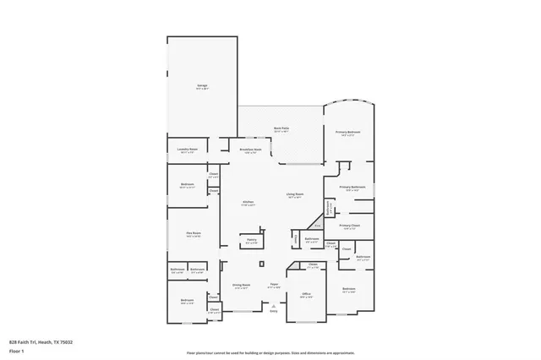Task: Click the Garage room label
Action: pos(203,85)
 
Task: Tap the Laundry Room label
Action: pos(188,150)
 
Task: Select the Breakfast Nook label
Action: pos(251,150)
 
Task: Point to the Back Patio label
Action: pos(281,129)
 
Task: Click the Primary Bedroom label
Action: pos(348,132)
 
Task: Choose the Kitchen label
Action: pos(248,202)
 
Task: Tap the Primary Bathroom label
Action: pos(352,187)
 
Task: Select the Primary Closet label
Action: pos(350,225)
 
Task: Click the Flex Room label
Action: pos(194,233)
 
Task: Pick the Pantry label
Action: pos(251,240)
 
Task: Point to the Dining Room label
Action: pos(242,285)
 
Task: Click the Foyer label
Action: pos(274,285)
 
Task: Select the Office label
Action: pos(307,294)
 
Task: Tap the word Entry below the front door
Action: pos(273,312)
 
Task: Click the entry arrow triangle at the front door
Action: pos(273,306)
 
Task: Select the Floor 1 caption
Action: pos(17,349)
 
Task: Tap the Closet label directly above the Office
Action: pos(313,265)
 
